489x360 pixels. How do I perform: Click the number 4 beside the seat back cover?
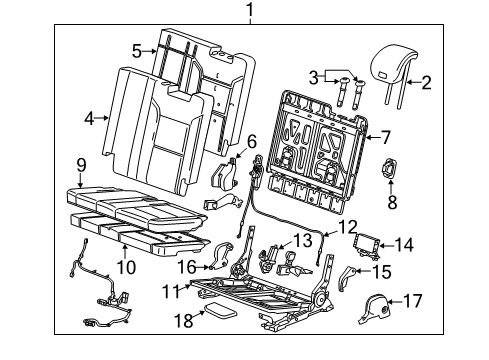tap(89, 117)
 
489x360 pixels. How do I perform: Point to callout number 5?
tap(136, 48)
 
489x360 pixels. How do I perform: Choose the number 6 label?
tap(252, 141)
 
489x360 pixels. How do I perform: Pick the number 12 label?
tap(346, 228)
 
